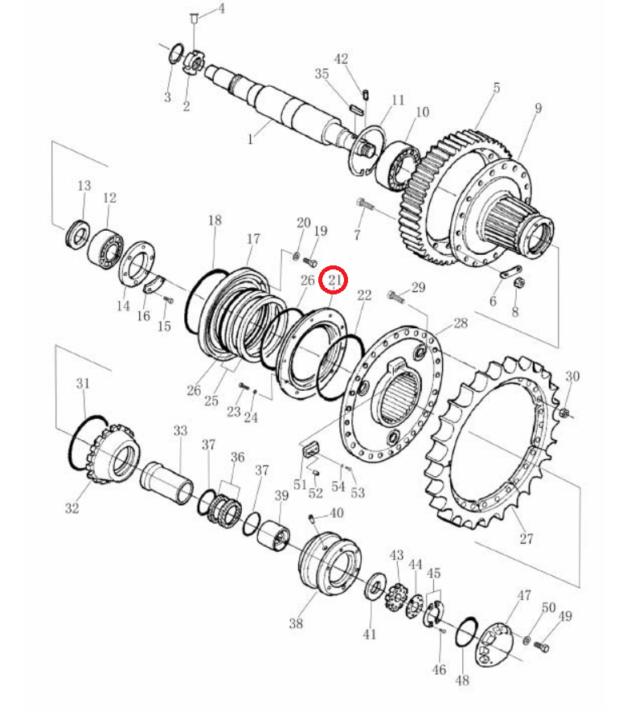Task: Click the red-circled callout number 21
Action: click(x=334, y=280)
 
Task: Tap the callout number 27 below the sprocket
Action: click(x=526, y=539)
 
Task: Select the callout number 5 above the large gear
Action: click(x=497, y=88)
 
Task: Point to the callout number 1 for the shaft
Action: click(x=250, y=139)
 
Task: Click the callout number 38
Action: click(x=296, y=623)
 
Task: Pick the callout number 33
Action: click(x=180, y=430)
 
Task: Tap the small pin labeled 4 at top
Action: click(x=194, y=18)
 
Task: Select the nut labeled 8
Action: click(x=520, y=283)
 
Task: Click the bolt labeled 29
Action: click(x=396, y=297)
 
